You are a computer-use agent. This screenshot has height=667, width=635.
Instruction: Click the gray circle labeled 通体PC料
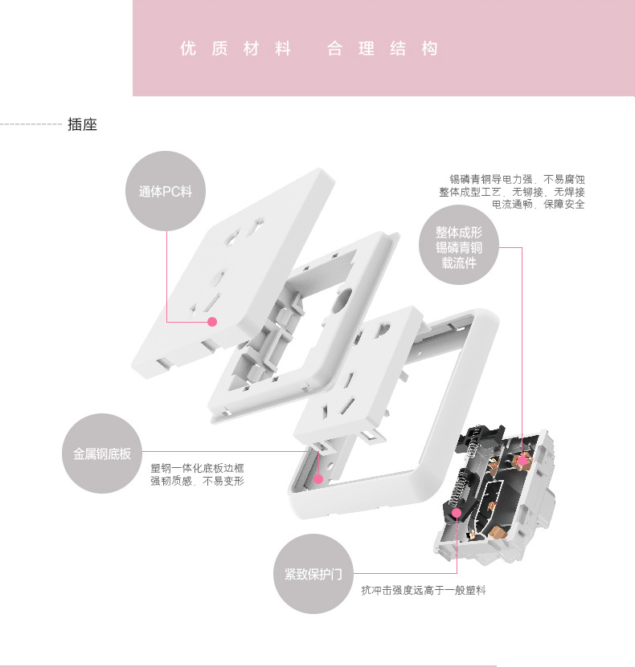(x=166, y=191)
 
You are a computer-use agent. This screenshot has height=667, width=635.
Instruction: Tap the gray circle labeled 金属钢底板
(x=102, y=453)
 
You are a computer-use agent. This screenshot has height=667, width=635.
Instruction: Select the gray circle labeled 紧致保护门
(x=313, y=574)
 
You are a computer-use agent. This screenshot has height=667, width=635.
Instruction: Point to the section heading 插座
(x=82, y=124)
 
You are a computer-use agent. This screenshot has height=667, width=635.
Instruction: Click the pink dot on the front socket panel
(x=212, y=322)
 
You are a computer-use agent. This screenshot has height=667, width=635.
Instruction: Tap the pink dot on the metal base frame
(x=318, y=479)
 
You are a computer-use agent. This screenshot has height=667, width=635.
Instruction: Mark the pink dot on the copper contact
(x=522, y=460)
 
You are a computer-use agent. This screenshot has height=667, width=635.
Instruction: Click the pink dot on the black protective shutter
(x=457, y=513)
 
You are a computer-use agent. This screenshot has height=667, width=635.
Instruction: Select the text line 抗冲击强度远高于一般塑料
(x=424, y=590)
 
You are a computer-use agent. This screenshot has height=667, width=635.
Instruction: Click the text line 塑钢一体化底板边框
(x=197, y=469)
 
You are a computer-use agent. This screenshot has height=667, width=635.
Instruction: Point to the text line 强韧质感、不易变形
(x=197, y=481)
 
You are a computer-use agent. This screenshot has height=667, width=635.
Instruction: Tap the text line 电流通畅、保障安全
(x=539, y=204)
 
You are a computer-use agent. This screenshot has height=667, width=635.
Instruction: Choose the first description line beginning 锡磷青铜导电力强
(x=517, y=179)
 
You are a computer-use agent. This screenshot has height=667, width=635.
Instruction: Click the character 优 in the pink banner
(x=188, y=48)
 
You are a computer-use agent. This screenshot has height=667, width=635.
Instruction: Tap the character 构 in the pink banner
(x=430, y=48)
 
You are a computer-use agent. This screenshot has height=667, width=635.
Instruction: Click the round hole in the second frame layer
(x=343, y=298)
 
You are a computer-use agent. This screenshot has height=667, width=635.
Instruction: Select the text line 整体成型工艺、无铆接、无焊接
(x=512, y=192)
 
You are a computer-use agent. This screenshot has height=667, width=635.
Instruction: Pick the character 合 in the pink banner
(x=334, y=48)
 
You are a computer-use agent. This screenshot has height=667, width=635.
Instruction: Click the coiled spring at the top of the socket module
(x=473, y=446)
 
